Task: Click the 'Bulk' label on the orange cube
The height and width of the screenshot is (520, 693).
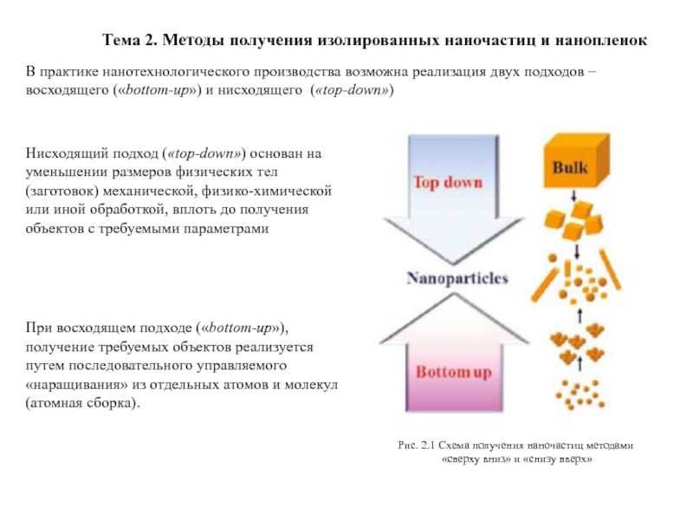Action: (570, 167)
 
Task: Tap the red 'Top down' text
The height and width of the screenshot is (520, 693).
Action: (448, 182)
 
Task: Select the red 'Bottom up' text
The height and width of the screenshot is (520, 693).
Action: (453, 373)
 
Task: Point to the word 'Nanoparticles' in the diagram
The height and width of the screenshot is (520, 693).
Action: (457, 278)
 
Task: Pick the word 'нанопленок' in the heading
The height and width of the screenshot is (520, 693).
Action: (601, 41)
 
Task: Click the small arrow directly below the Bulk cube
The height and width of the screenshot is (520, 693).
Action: (573, 196)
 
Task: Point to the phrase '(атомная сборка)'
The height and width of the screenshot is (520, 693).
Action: (82, 404)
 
